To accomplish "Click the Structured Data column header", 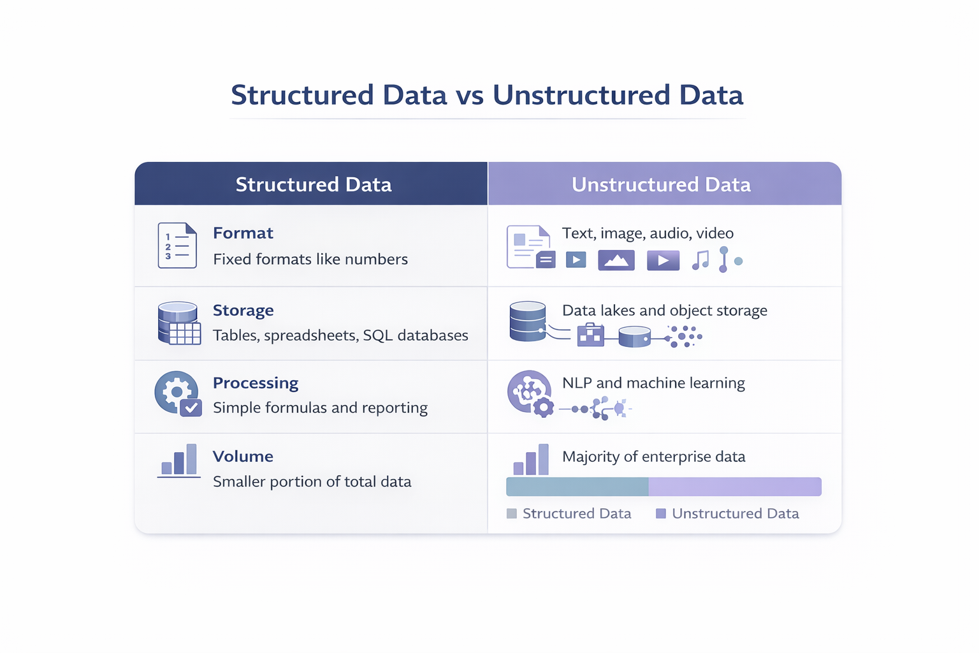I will coord(313,184).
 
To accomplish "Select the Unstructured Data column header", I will coord(661,184).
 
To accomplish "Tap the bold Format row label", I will coord(243,233).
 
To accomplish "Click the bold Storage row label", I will coord(243,311).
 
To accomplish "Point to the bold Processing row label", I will coord(255,383).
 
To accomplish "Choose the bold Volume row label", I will coord(243,457).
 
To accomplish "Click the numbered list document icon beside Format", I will coord(177,246).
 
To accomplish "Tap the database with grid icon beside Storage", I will coord(178,323).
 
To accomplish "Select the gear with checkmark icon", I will coord(178,393).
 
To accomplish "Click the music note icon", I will coord(700,260).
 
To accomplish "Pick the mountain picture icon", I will coord(616,260).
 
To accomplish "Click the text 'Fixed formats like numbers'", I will coord(310,260).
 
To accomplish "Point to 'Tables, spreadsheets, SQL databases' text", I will coord(340,335).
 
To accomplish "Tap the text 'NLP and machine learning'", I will coord(653,383).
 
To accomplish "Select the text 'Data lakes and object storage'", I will coord(664,311).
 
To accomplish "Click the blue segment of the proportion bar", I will coord(577,487).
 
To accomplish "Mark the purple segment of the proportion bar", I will coord(735,487).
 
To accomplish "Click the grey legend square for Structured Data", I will coord(512,514).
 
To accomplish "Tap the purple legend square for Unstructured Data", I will coord(661,514).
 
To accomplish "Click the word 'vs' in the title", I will coord(469,96).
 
